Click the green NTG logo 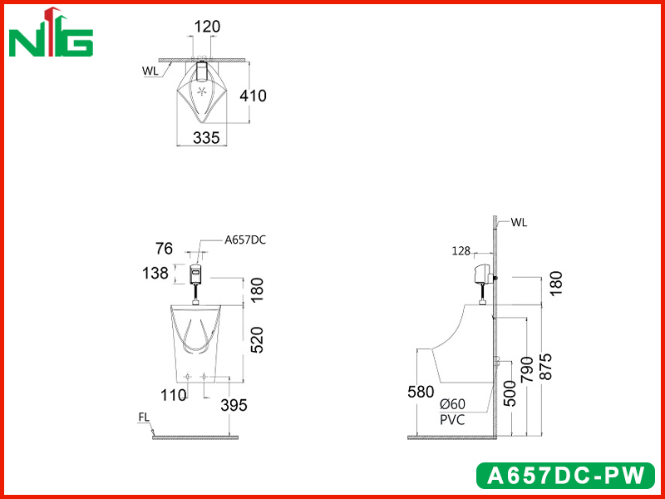tap(51, 32)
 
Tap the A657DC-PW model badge tap(566, 476)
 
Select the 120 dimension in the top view tap(207, 27)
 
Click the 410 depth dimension tap(254, 96)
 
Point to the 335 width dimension tap(206, 138)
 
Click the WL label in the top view tap(150, 71)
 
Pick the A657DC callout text tap(245, 240)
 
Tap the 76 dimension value tap(164, 249)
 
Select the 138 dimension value tap(155, 274)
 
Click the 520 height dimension tap(257, 340)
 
